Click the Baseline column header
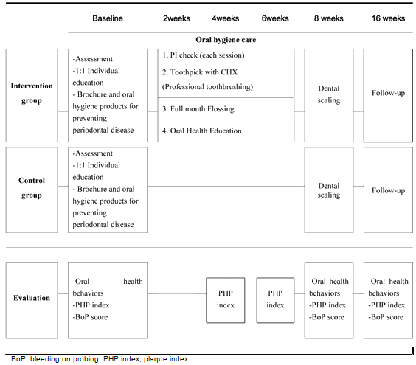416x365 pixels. point(108,18)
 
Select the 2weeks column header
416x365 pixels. point(176,18)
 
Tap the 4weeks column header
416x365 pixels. point(225,18)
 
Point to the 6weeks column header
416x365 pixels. point(275,18)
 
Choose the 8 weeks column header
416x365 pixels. point(329,18)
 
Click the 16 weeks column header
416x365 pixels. point(388,18)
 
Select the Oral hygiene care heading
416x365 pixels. point(226,40)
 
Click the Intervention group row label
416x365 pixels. point(32,93)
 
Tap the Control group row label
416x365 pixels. point(32,187)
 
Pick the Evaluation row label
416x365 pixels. point(32,298)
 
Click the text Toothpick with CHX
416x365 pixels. point(204,72)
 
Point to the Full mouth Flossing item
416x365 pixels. point(202,109)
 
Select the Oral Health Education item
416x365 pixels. point(206,131)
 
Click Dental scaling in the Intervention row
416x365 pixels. point(329,94)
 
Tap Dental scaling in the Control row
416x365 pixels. point(329,190)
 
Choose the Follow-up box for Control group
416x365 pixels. point(388,190)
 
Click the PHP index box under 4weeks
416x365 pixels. point(226,300)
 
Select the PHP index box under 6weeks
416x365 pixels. point(275,300)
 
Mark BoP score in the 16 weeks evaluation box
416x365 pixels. point(386,317)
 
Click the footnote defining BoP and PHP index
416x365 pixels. point(100,359)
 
